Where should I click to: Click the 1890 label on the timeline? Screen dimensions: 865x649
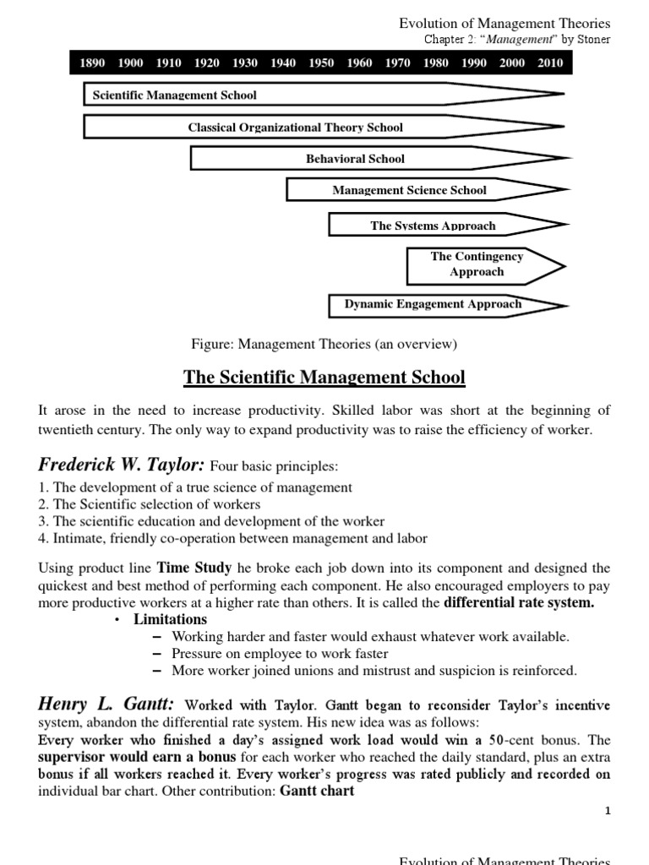pos(92,63)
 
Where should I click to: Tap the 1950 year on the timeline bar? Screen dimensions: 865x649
pos(321,63)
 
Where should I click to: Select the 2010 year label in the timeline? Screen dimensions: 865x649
pos(550,63)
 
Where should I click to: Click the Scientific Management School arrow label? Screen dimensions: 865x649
pos(174,95)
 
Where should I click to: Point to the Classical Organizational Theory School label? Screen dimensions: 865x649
pos(295,128)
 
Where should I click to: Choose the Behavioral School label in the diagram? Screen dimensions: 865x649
pos(355,159)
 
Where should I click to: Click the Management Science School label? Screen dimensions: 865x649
pos(409,190)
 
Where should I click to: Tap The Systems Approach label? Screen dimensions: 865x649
pos(433,226)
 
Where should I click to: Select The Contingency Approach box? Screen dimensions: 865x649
pos(477,264)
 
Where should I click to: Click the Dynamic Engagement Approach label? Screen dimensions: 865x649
pos(433,304)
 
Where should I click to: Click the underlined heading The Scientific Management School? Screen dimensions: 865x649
pos(324,377)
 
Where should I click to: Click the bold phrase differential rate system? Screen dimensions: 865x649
pos(519,602)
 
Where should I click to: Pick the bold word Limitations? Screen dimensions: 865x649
pos(170,619)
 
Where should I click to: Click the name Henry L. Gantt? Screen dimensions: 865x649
pos(106,705)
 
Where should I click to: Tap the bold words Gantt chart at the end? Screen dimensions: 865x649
pos(317,791)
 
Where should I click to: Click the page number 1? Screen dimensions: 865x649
pos(607,811)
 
